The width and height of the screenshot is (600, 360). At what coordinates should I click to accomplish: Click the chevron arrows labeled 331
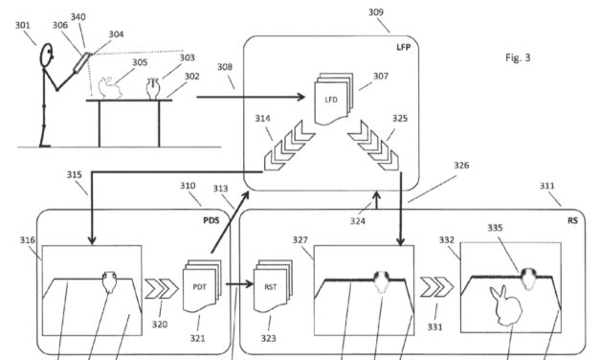[x=435, y=284]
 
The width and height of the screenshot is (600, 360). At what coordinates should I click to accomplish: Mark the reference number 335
[x=522, y=230]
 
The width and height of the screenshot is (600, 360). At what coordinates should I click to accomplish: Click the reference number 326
[x=461, y=165]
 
